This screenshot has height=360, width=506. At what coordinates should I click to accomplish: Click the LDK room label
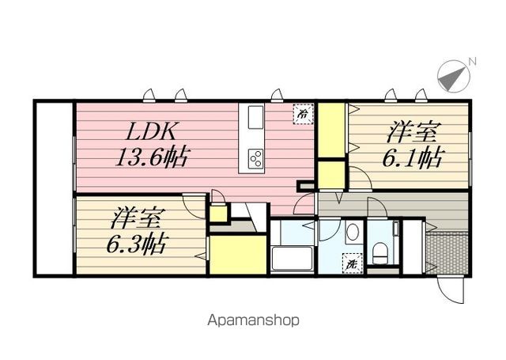coord(151,131)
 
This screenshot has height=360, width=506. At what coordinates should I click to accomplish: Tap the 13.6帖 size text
coord(152,157)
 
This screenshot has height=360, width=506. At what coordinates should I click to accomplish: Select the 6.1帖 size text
coord(411,158)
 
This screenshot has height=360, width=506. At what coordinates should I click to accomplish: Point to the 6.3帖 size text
coord(137,244)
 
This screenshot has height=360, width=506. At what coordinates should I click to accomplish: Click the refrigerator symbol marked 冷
coord(303,114)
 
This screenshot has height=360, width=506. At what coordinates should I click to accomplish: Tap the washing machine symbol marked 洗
coord(353,263)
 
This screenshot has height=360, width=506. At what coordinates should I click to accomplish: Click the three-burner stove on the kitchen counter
coord(255,159)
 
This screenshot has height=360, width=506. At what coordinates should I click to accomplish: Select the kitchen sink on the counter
coord(256,118)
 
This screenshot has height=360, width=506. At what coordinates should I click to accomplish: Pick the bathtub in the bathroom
coord(292,258)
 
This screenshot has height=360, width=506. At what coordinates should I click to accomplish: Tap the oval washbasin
coord(353,232)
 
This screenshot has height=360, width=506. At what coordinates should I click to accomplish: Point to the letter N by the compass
coord(472,62)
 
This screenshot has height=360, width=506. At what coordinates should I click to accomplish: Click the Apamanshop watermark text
coord(253,320)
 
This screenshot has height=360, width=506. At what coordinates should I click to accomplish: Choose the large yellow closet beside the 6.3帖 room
coord(238,255)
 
